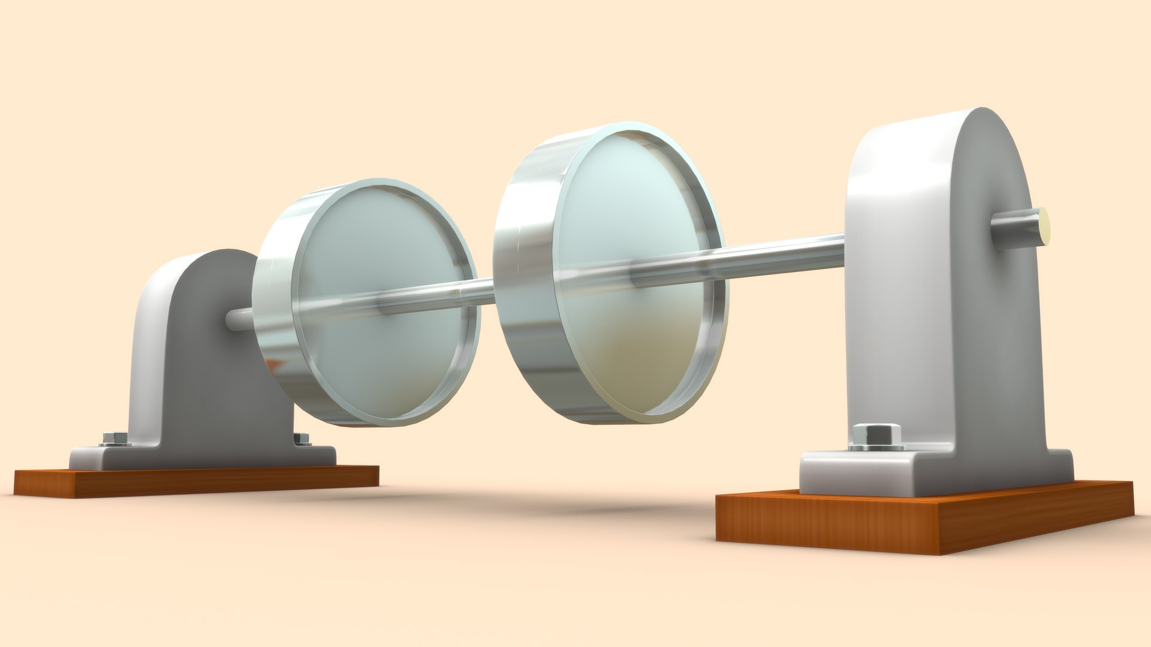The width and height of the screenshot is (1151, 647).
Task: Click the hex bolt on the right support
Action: click(x=876, y=434)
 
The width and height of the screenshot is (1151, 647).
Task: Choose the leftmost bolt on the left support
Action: click(x=114, y=438)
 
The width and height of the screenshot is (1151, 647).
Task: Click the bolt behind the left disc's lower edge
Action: click(x=302, y=439)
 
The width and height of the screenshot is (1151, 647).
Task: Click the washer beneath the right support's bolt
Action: click(x=876, y=446)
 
